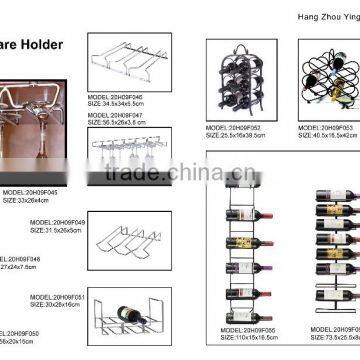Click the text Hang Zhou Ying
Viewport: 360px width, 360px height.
[x=317, y=17]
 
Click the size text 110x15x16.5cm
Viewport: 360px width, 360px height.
[x=246, y=336]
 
